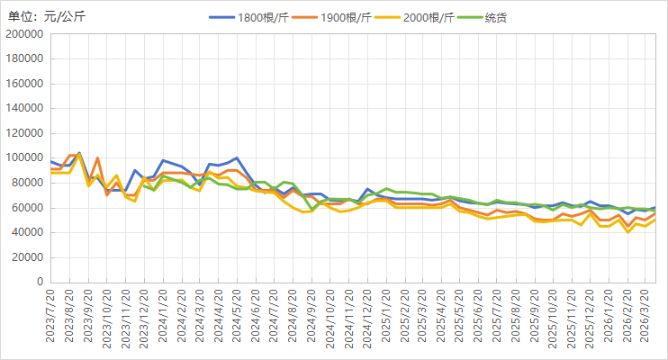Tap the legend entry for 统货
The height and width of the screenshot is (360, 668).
point(496,17)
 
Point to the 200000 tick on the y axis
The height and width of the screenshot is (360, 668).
point(24,34)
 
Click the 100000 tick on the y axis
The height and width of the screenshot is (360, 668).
point(24,158)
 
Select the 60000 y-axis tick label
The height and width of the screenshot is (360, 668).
point(27,208)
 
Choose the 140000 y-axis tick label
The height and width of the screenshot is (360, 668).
point(24,109)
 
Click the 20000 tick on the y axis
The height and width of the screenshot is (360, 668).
point(27,257)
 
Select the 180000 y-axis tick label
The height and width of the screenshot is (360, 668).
point(24,59)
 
